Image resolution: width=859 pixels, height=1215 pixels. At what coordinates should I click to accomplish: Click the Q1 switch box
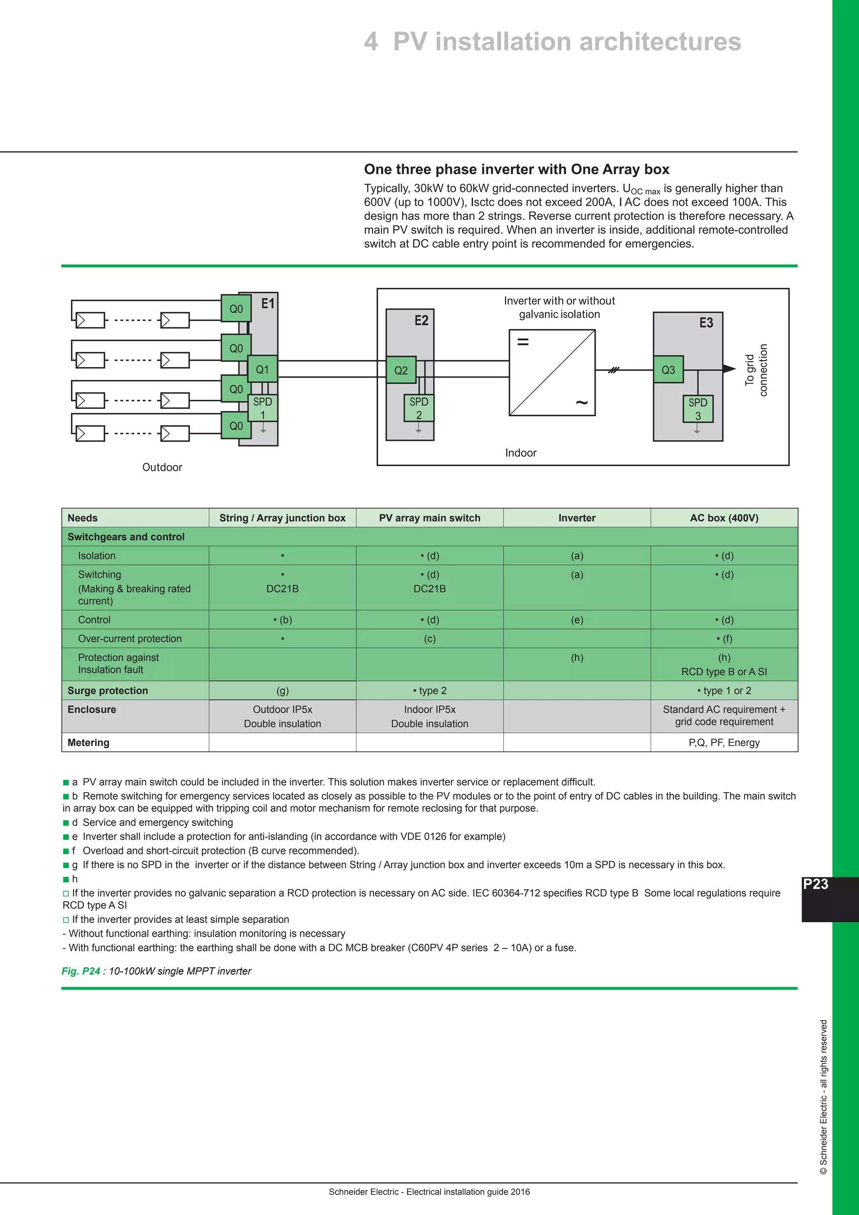[x=262, y=369]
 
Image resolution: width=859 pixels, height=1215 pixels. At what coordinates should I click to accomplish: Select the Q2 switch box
[x=401, y=370]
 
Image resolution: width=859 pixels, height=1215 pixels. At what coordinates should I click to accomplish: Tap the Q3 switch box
[x=668, y=369]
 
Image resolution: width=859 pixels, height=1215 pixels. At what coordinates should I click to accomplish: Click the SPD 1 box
[x=262, y=408]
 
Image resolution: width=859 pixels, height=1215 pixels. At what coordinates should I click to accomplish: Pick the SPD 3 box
[x=698, y=409]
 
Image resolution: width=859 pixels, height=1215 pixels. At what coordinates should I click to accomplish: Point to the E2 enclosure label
[x=421, y=320]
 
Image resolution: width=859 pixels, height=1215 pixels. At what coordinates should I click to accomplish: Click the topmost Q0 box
[x=236, y=308]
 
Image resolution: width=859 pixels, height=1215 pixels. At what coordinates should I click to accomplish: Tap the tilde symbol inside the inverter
[x=581, y=403]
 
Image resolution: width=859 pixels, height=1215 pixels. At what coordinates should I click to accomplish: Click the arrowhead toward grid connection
[x=729, y=369]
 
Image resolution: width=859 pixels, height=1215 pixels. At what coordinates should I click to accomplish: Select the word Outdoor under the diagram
[x=162, y=467]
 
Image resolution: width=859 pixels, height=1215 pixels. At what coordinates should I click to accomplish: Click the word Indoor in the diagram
[x=521, y=453]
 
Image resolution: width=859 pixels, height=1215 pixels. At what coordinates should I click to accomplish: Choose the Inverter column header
[x=577, y=518]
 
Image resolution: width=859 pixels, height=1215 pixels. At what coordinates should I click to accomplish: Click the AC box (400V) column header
[x=724, y=518]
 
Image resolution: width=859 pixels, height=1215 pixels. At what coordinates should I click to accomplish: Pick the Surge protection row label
[x=108, y=691]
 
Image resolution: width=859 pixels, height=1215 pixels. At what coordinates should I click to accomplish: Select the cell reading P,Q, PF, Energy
[x=724, y=743]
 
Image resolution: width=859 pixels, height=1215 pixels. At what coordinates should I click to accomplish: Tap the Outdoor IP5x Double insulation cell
[x=282, y=717]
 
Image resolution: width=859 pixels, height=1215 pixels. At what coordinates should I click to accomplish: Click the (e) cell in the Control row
[x=577, y=620]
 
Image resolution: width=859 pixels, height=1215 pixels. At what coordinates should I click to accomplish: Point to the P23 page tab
[x=816, y=884]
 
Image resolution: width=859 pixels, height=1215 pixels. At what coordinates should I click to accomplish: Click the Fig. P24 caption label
[x=81, y=971]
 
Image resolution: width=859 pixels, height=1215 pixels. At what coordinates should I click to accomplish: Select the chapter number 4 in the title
[x=371, y=41]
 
